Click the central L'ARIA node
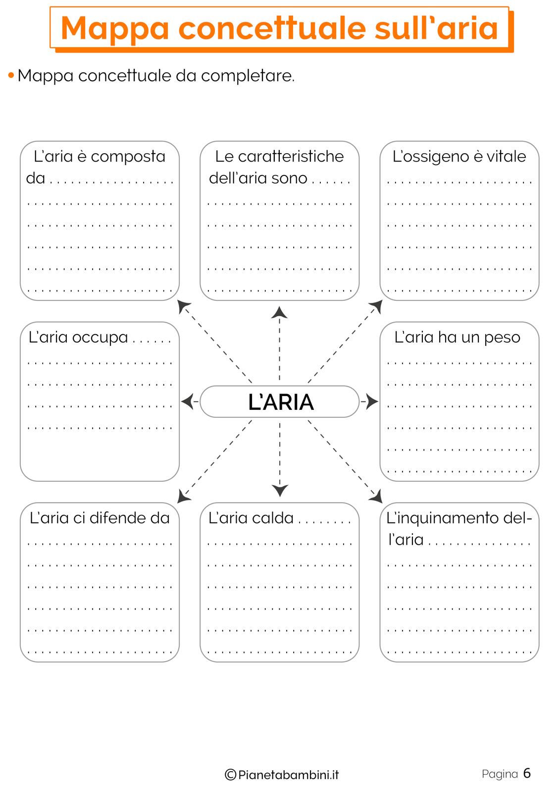pos(279,402)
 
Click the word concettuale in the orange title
pos(272,28)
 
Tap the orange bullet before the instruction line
pos(11,75)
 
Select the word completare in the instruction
pos(247,76)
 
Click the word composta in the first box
pos(128,157)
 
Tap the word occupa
pos(100,338)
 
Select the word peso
pos(502,338)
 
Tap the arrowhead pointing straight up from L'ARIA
pos(279,312)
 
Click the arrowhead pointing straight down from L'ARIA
pos(280,490)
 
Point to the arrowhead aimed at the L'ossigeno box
pos(376,306)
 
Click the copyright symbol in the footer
pos(230,775)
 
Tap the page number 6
pos(527,773)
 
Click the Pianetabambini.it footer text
pos(288,775)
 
